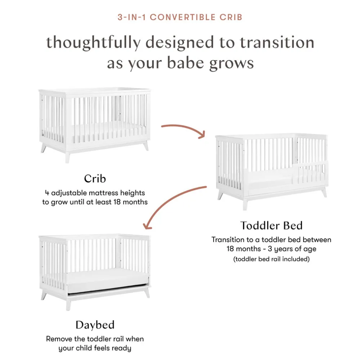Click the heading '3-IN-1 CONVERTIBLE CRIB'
(180, 17)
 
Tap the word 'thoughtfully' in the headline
(93, 43)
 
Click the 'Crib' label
(95, 179)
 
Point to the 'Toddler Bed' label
(271, 225)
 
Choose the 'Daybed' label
(95, 325)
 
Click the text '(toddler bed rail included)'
(271, 259)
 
